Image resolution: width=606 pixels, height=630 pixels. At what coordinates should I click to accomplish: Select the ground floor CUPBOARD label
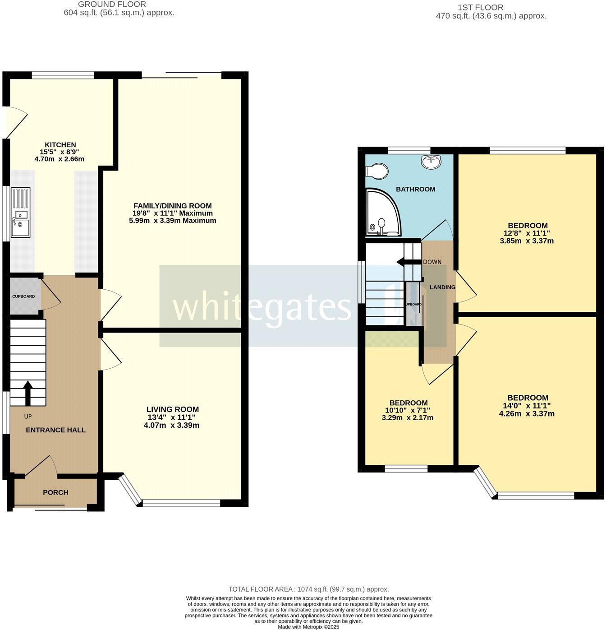pos(23,296)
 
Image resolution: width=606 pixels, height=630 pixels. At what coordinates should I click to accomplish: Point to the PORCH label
pos(55,492)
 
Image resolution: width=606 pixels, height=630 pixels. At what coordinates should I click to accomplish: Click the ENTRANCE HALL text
pos(55,430)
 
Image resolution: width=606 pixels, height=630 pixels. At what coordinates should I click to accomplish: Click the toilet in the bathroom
pos(378,171)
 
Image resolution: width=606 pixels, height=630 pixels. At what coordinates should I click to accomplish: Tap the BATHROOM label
pos(415,189)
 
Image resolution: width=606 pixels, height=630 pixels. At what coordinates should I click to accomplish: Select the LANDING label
pos(442,287)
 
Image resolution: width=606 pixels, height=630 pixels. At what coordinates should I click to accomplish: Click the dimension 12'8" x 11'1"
pos(527,233)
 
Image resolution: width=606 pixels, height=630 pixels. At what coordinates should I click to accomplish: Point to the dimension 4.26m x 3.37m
pos(527,413)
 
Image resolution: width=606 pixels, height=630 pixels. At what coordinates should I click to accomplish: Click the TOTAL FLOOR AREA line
pos(308,589)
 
